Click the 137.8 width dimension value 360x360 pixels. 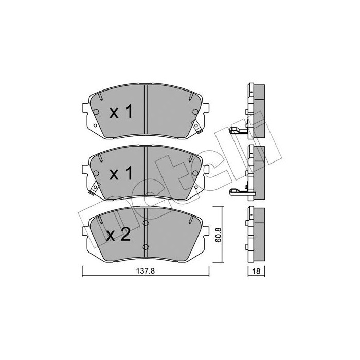(146, 271)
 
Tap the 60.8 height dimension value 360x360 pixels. (218, 235)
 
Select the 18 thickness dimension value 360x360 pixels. (256, 271)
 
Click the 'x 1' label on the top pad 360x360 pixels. (121, 112)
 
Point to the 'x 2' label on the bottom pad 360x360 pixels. (118, 235)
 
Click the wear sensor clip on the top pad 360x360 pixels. (197, 127)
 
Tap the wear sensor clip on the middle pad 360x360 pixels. (94, 188)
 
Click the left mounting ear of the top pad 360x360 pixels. (85, 108)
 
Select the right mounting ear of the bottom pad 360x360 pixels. (206, 231)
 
